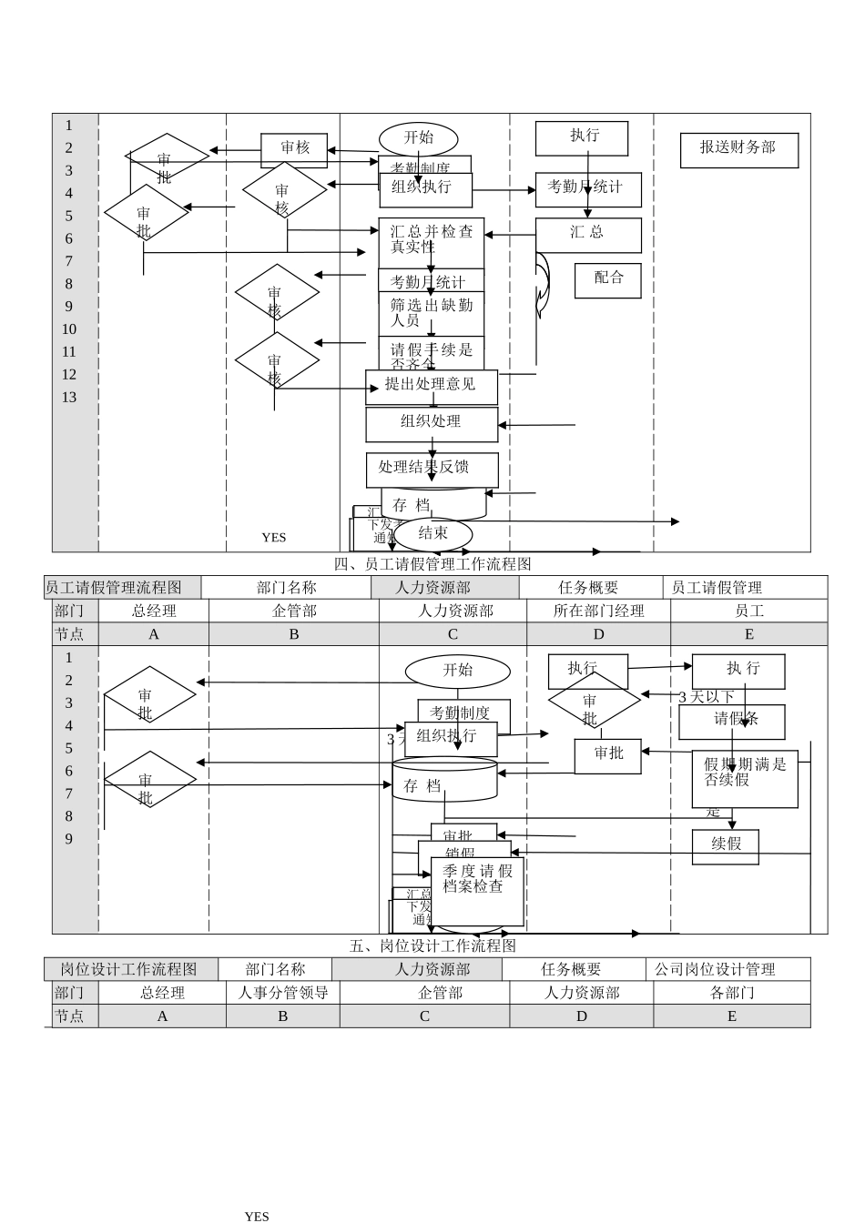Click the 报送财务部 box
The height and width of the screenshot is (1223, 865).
(738, 150)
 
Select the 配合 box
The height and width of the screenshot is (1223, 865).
(607, 280)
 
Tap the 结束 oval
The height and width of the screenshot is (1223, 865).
(432, 534)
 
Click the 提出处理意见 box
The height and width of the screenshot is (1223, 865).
(432, 387)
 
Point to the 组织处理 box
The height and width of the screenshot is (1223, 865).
(432, 424)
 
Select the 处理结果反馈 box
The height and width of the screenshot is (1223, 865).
(432, 469)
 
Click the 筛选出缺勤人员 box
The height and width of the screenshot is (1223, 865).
(432, 313)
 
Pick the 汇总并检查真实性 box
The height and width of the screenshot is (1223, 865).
(432, 240)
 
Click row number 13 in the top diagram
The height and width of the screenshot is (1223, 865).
(69, 398)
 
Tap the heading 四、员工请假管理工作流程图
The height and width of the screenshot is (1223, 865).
(432, 565)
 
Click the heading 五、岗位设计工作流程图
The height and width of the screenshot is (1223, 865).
(432, 946)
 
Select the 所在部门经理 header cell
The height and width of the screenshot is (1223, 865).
(598, 611)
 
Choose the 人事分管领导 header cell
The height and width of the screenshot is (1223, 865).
(282, 993)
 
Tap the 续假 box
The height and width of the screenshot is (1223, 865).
(726, 845)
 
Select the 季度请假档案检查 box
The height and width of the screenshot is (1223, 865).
(478, 891)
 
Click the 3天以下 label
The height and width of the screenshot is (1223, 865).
(706, 697)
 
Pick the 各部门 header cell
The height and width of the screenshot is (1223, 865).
(731, 993)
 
